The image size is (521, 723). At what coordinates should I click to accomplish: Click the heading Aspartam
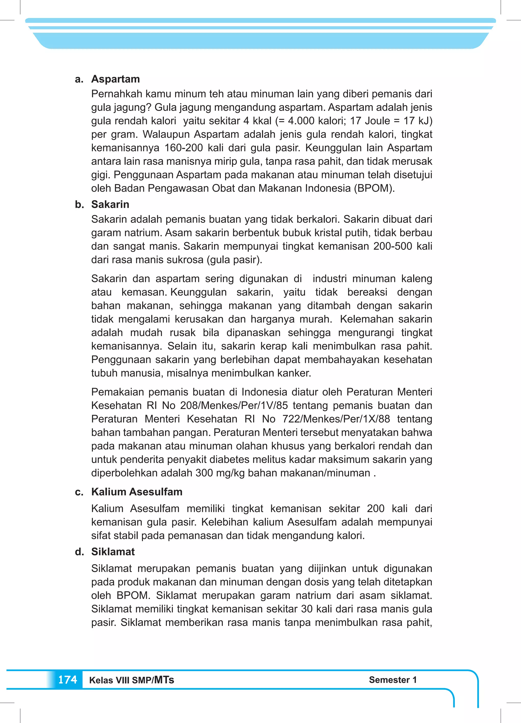point(115,79)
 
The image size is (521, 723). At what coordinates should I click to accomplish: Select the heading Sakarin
point(110,204)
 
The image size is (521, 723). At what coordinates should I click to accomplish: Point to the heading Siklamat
point(113,552)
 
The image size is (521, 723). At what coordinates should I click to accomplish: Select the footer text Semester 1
point(393,680)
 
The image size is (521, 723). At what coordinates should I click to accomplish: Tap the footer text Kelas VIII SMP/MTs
point(131,680)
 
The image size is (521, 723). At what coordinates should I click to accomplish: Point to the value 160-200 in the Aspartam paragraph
point(184,148)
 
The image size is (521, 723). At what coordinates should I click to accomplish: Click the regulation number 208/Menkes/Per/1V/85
point(234,406)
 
